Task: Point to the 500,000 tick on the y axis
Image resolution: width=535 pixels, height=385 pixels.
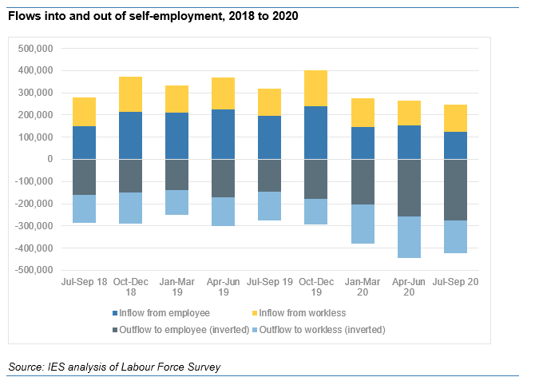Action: (34, 48)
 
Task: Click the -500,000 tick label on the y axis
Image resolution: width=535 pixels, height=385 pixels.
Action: (33, 271)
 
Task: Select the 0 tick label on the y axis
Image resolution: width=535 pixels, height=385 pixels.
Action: (50, 159)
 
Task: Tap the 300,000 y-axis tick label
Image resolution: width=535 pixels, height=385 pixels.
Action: (34, 93)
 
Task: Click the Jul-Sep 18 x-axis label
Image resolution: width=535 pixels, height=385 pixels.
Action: (84, 282)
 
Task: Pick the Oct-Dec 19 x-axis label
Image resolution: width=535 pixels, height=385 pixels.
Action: (315, 287)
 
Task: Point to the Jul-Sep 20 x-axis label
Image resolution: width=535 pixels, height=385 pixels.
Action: (455, 282)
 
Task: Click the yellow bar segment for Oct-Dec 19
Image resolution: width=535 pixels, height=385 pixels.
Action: (315, 88)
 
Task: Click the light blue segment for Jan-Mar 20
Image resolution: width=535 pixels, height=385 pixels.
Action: (363, 224)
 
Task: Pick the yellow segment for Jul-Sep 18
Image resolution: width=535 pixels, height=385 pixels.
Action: (84, 112)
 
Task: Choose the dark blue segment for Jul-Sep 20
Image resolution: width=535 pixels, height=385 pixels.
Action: (455, 145)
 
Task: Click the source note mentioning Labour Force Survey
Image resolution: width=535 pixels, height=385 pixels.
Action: (114, 367)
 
